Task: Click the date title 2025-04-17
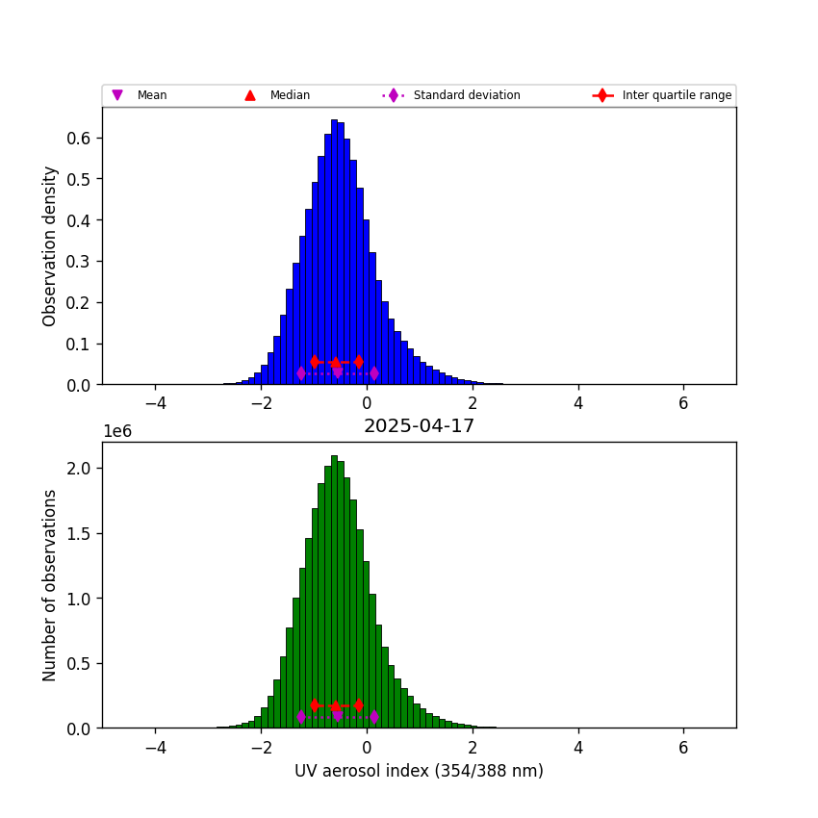[x=419, y=426]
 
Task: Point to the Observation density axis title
[x=50, y=245]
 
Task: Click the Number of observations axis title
[x=50, y=585]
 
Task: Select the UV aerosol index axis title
[x=419, y=771]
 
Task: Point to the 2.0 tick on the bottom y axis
[x=83, y=468]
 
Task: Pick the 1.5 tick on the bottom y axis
[x=83, y=533]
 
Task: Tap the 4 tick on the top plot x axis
[x=578, y=403]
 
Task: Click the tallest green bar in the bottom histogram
[x=334, y=592]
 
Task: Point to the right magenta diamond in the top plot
[x=373, y=372]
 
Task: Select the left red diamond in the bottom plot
[x=315, y=705]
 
